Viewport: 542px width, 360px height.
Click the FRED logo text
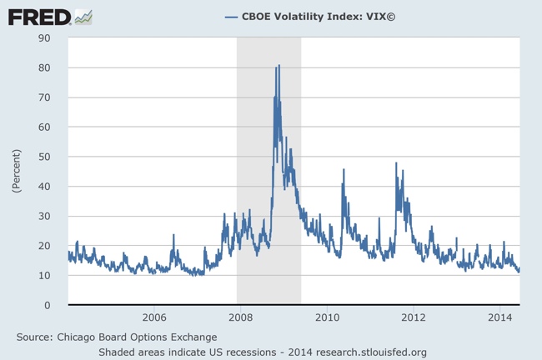tap(38, 16)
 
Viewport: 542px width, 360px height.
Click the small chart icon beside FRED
tap(83, 16)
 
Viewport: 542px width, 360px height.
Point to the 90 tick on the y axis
tap(49, 38)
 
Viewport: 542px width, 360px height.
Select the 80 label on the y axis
tap(49, 68)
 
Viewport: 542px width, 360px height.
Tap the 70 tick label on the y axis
tap(49, 97)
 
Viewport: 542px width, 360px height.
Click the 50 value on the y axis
tap(49, 157)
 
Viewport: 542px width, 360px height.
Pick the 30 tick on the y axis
tap(49, 216)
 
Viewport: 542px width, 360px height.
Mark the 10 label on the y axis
tap(49, 276)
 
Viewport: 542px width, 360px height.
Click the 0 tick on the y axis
tap(53, 305)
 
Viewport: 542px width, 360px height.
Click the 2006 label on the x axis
tap(154, 317)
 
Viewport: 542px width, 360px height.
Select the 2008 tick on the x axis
tap(240, 317)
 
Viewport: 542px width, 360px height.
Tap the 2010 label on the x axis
tap(327, 317)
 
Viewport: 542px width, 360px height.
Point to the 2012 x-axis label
tap(414, 317)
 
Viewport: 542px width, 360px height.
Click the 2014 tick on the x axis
tap(500, 317)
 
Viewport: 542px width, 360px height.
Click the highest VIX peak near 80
tap(279, 66)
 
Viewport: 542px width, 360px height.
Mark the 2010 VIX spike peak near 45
tap(344, 170)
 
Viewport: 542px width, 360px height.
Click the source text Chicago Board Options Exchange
tap(138, 337)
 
